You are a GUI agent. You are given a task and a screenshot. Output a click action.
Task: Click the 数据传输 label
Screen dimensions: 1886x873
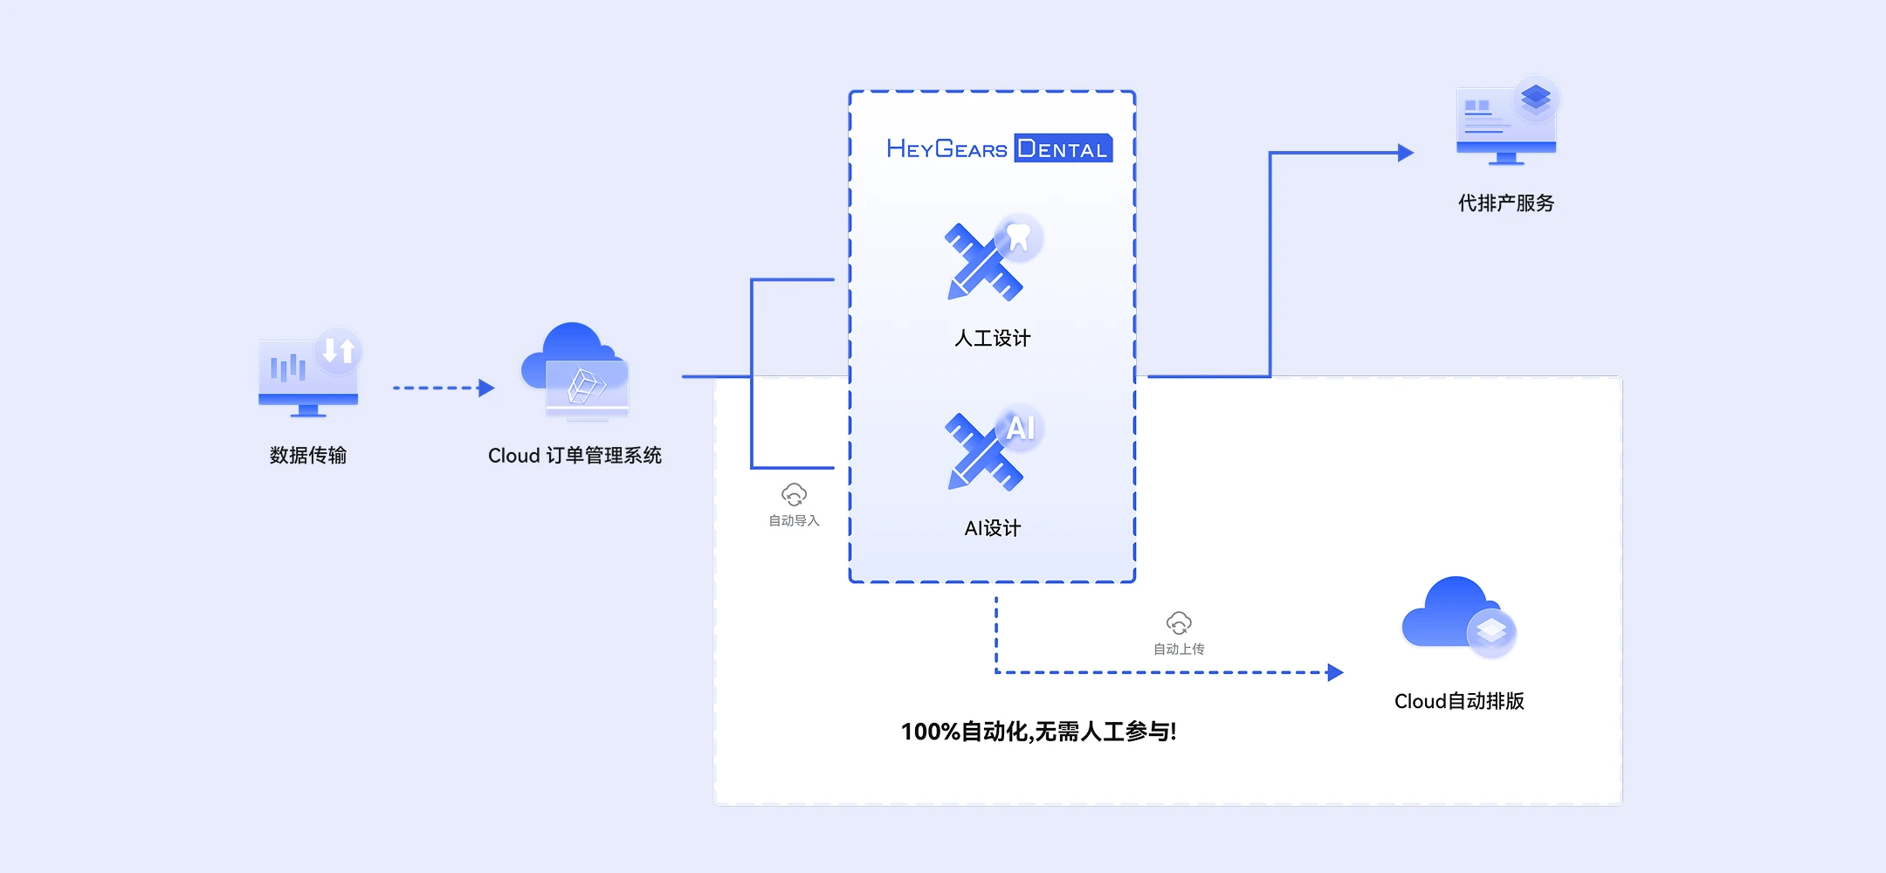308,455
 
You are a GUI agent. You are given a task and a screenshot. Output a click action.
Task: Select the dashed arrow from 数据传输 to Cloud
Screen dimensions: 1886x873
444,388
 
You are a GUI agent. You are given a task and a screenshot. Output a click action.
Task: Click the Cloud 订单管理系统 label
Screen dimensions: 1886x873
575,456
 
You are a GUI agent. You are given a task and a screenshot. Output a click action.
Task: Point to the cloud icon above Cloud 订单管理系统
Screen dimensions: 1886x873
575,371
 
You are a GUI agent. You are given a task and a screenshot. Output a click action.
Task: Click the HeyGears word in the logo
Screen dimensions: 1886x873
946,149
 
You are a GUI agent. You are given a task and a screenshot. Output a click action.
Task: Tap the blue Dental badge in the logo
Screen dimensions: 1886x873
1063,148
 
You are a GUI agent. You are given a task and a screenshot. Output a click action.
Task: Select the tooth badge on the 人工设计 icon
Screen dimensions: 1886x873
1019,237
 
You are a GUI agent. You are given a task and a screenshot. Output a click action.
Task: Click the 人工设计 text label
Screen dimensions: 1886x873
993,338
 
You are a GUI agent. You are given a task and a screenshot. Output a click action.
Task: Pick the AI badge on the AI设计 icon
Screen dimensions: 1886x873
1020,428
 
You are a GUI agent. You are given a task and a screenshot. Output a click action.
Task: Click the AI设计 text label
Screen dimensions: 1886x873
993,528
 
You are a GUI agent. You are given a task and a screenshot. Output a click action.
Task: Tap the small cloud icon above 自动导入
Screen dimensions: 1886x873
794,495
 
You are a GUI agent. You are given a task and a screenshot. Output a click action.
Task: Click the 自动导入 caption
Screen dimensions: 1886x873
794,521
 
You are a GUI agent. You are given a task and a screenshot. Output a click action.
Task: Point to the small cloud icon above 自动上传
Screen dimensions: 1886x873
1179,623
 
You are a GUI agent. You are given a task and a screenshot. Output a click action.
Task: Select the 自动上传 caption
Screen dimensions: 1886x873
1179,650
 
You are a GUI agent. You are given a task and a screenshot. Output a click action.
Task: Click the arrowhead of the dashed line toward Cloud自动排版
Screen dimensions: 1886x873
1335,672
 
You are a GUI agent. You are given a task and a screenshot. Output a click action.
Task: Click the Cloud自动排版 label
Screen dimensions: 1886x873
1459,701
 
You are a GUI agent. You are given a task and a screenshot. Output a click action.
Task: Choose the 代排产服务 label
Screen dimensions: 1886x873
1506,203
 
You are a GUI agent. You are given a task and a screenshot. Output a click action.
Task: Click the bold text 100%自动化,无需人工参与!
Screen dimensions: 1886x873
1039,732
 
